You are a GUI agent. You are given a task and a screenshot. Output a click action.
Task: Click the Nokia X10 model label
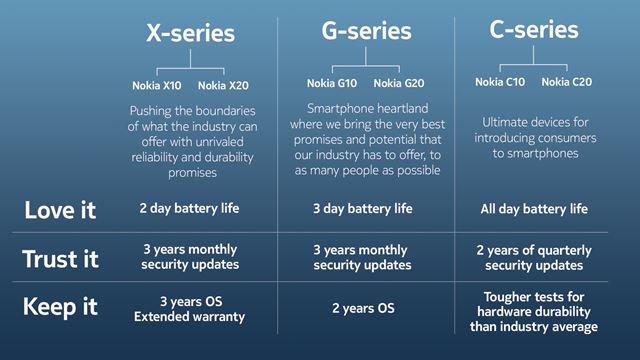point(158,86)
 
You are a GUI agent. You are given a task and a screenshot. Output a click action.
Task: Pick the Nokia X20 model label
point(224,86)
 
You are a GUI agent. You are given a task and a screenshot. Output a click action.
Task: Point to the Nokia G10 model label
point(331,82)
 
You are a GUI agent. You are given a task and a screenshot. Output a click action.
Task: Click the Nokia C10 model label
point(498,82)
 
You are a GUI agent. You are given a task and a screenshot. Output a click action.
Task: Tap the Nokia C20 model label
point(565,82)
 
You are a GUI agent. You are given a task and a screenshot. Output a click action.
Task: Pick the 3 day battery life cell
point(362,209)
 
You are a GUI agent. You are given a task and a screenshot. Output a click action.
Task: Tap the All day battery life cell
point(532,209)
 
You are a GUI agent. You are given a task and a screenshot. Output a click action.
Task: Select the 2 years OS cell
point(362,308)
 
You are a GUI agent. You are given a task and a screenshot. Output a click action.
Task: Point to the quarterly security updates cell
point(532,258)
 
